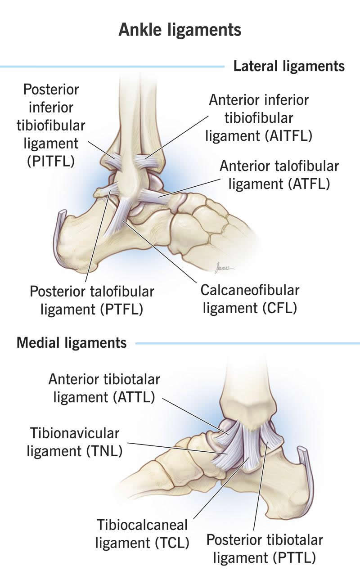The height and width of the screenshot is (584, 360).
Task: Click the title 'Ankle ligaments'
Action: click(180, 30)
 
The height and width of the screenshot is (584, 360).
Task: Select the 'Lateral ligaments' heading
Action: click(289, 67)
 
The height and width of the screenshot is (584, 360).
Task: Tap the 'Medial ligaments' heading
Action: click(72, 343)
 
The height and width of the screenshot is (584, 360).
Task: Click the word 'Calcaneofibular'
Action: click(250, 290)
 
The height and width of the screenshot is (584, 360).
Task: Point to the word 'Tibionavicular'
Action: click(75, 433)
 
